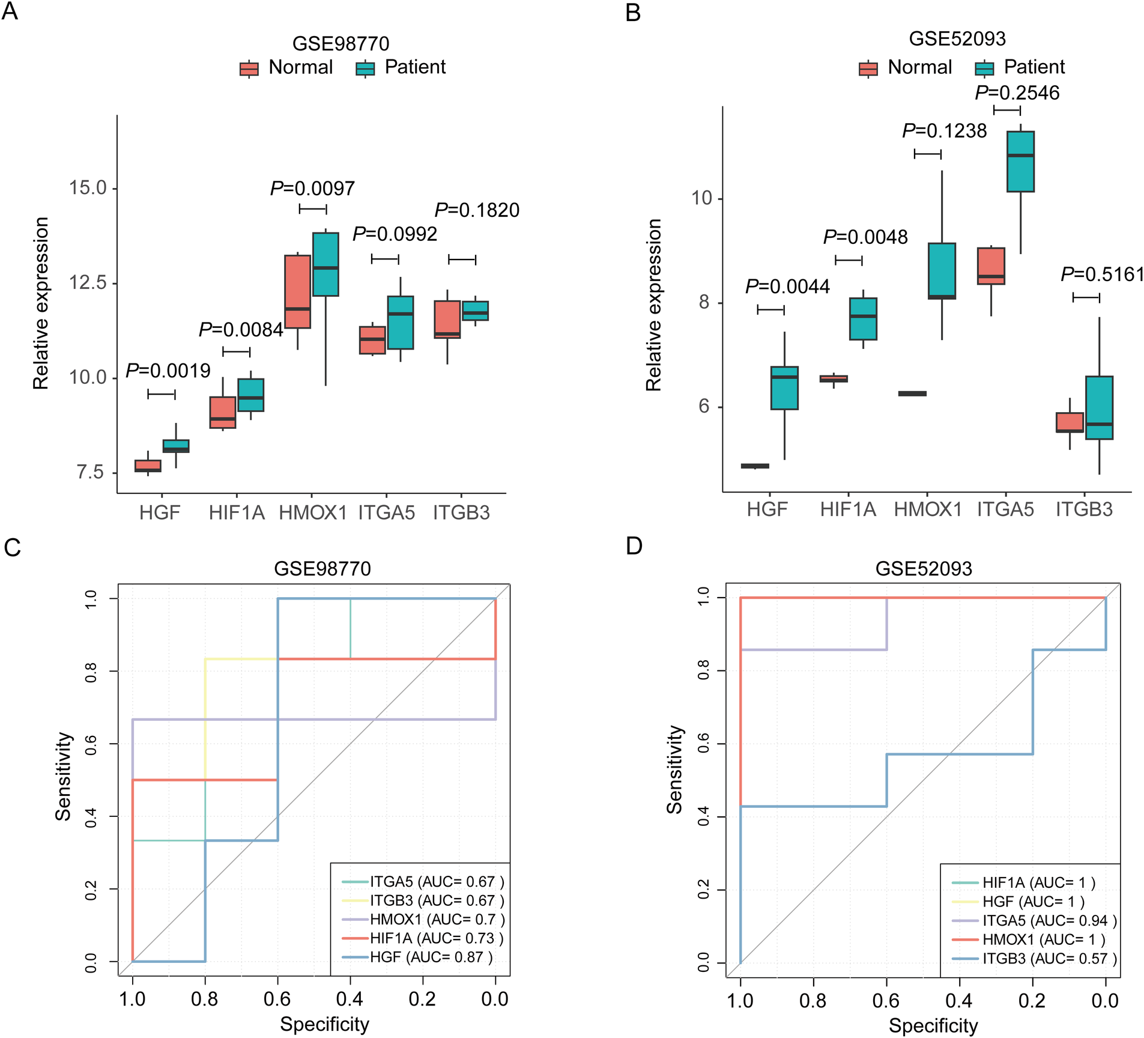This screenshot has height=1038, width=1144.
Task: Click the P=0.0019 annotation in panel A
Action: pyautogui.click(x=168, y=371)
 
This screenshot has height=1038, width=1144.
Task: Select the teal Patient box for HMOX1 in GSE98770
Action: pyautogui.click(x=325, y=264)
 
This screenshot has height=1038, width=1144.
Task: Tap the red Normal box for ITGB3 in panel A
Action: pyautogui.click(x=447, y=320)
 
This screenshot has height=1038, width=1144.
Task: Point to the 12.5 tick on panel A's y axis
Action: pyautogui.click(x=88, y=283)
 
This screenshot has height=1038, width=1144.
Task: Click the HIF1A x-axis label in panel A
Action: pyautogui.click(x=237, y=513)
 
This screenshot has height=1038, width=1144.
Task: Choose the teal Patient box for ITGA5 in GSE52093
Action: pyautogui.click(x=1020, y=162)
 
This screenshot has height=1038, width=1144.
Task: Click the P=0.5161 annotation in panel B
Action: pyautogui.click(x=1103, y=275)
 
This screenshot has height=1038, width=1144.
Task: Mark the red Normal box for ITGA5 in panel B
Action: pyautogui.click(x=991, y=266)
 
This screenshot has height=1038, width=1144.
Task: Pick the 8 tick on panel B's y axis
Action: pyautogui.click(x=704, y=302)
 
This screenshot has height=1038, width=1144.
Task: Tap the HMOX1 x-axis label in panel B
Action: pyautogui.click(x=928, y=510)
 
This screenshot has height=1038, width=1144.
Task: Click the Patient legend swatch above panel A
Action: pyautogui.click(x=365, y=68)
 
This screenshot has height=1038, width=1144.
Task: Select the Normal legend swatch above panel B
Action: pyautogui.click(x=868, y=68)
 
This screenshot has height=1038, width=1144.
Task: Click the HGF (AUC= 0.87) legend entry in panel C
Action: pyautogui.click(x=431, y=957)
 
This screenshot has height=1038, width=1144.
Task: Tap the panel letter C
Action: pyautogui.click(x=12, y=548)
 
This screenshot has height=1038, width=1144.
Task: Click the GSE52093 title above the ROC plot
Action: pyautogui.click(x=924, y=568)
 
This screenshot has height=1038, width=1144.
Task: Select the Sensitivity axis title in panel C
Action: pyautogui.click(x=63, y=776)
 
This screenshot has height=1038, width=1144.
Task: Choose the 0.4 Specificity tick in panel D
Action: pyautogui.click(x=959, y=1001)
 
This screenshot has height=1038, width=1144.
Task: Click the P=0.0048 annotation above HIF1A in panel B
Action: pyautogui.click(x=865, y=237)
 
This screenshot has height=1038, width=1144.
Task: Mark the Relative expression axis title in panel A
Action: pyautogui.click(x=41, y=303)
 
